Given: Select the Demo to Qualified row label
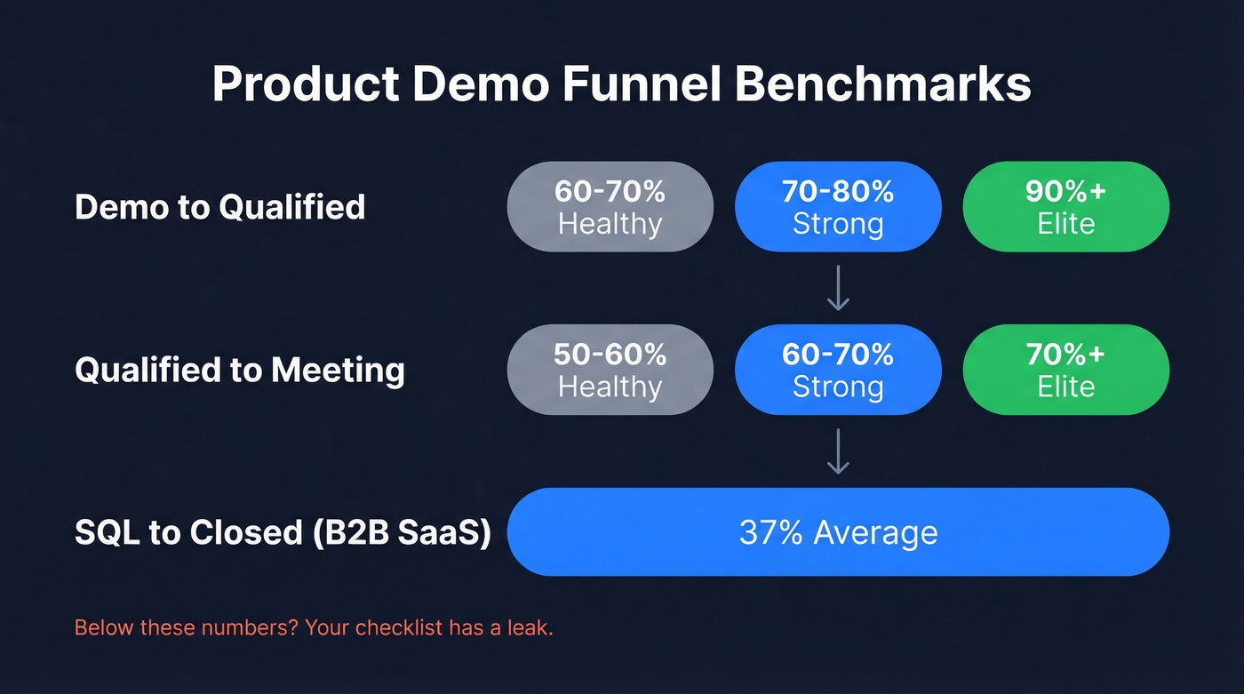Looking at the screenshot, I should click(219, 207).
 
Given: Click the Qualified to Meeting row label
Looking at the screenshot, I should click(240, 370).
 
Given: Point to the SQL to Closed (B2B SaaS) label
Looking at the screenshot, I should click(283, 532).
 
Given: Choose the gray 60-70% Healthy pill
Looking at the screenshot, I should click(610, 207).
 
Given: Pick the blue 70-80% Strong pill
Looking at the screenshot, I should click(838, 207).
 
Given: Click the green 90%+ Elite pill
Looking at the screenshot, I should click(1065, 207).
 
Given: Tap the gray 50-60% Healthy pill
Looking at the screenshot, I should click(610, 370).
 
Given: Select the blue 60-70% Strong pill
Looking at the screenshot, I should click(838, 370).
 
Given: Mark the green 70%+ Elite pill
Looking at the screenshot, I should click(1065, 370).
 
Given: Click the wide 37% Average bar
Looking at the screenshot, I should click(838, 532).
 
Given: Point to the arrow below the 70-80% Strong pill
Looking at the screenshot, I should click(838, 288).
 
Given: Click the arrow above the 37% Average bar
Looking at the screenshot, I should click(838, 451).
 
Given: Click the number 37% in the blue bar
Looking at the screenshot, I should click(770, 532).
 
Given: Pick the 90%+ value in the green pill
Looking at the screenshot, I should click(1065, 192).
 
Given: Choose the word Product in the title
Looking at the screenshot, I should click(305, 85).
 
